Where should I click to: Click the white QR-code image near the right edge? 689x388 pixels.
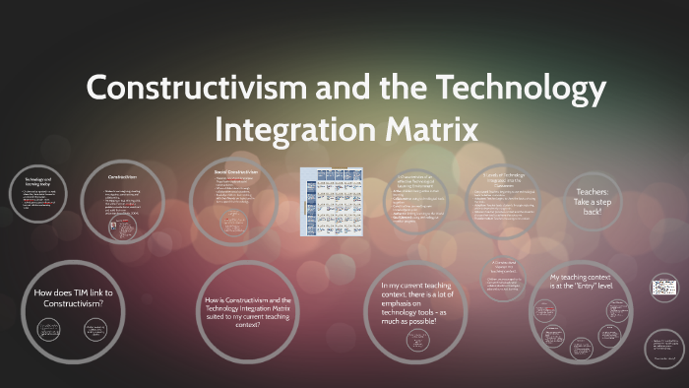[661, 287]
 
